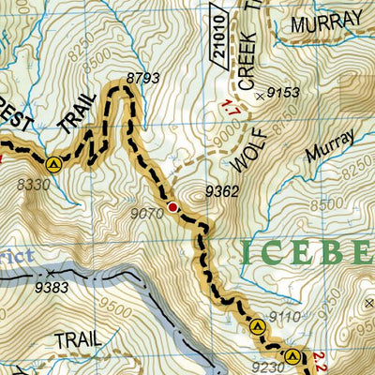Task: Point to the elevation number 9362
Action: [x=221, y=192]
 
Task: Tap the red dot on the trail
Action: [x=172, y=207]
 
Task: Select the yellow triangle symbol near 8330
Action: [x=53, y=163]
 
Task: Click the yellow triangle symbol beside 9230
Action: [x=292, y=356]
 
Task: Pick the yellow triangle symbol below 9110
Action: [x=258, y=327]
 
